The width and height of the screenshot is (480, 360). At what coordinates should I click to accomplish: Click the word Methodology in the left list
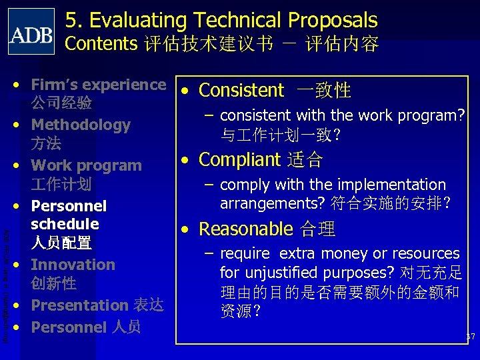[x=81, y=125]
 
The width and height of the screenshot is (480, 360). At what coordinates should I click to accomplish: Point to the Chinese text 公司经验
[x=61, y=103]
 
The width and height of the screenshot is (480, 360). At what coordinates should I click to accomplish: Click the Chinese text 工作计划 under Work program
[x=61, y=184]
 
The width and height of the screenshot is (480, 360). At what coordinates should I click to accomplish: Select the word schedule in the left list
[x=65, y=224]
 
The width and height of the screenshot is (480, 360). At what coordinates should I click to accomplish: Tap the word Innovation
[x=73, y=265]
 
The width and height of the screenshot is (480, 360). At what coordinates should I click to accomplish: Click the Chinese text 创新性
[x=53, y=283]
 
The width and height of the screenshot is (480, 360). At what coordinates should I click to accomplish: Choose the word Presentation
[x=79, y=305]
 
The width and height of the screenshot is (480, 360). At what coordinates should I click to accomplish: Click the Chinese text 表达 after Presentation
[x=147, y=305]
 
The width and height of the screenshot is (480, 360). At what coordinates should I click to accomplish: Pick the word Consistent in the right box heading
[x=241, y=90]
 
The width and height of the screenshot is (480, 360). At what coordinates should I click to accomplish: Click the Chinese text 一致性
[x=323, y=91]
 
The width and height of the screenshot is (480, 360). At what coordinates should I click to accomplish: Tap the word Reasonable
[x=245, y=229]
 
